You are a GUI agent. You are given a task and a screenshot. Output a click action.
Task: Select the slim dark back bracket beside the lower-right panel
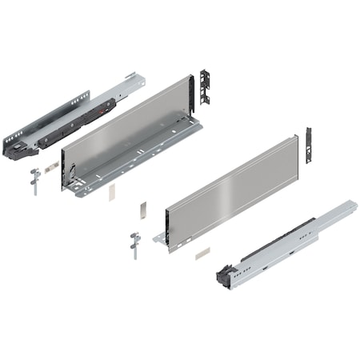(x=308, y=145)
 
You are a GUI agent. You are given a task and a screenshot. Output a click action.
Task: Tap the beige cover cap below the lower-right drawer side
(x=201, y=251)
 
